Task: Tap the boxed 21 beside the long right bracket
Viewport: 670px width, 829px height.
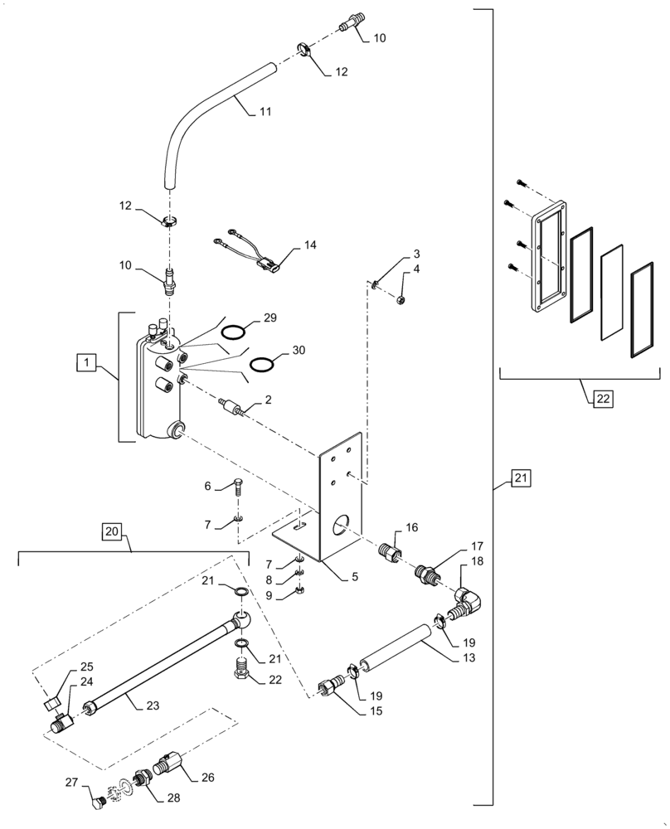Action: click(520, 478)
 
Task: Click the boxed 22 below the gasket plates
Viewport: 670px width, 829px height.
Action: click(602, 399)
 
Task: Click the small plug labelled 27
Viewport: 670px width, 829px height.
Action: click(96, 802)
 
